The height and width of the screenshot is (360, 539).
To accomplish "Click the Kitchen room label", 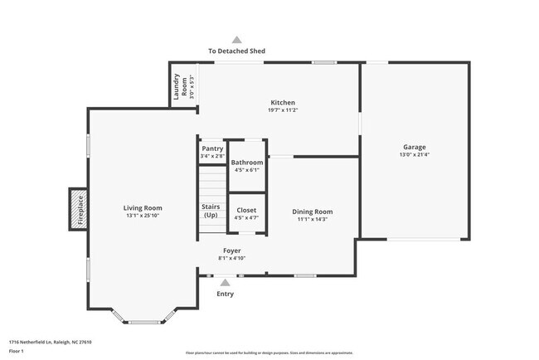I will tap(283, 103).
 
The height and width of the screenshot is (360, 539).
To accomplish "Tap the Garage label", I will tap(414, 147).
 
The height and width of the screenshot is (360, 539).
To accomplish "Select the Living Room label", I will tap(143, 207).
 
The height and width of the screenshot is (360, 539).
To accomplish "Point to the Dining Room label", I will tap(312, 212).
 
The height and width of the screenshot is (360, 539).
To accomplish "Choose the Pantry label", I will tap(212, 148).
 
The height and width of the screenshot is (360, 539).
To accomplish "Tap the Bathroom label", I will tap(247, 163).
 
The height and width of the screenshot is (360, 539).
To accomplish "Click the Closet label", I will tap(246, 210).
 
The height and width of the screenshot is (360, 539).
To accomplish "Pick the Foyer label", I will tap(232, 250).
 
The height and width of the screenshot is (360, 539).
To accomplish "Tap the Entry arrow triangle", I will tap(225, 283).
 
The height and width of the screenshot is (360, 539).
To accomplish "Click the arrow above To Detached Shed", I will tap(236, 39).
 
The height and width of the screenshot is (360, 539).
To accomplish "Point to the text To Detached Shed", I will tap(236, 51).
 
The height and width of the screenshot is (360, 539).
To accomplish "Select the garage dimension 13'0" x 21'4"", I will tap(414, 154).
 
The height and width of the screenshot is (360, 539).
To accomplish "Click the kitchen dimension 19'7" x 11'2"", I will tap(283, 110).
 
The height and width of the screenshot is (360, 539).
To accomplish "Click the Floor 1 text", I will tap(17, 350).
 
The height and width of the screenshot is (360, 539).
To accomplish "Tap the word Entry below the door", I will tap(225, 294).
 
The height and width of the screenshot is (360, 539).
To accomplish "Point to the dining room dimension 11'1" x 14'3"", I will tap(312, 219).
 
